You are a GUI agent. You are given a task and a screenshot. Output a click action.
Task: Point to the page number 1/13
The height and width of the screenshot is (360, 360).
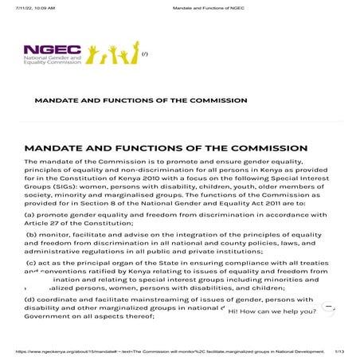340,350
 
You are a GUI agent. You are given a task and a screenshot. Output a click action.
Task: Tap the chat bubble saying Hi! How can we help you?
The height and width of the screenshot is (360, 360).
272,311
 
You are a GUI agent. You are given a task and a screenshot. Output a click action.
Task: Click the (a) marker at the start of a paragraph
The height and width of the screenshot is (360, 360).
32,214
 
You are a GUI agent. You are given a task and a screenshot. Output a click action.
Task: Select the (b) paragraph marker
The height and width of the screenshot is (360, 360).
33,237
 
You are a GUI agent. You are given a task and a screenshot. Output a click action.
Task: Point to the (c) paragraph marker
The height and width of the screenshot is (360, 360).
33,263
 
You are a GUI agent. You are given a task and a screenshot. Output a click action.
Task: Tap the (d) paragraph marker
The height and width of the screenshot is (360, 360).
32,299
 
